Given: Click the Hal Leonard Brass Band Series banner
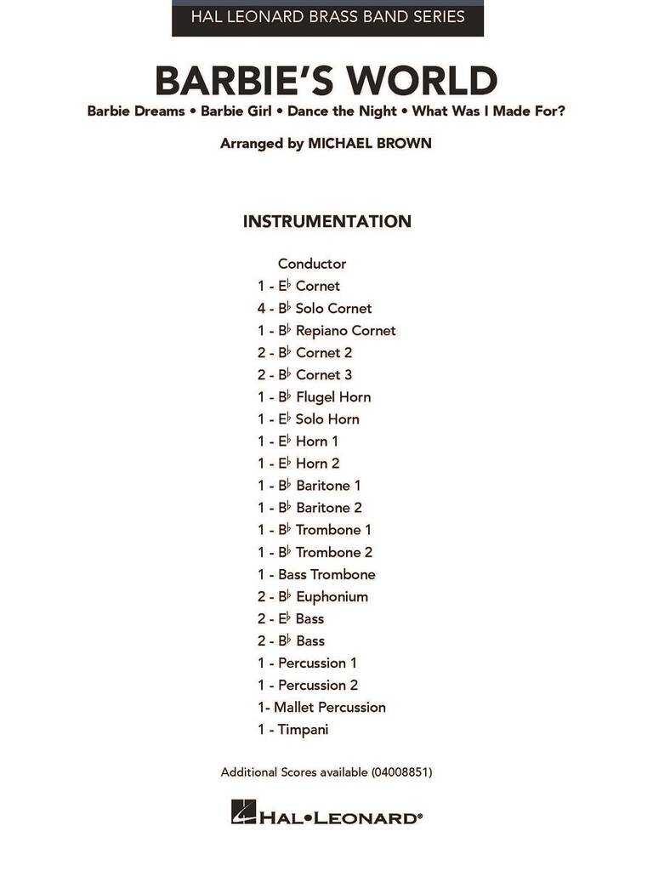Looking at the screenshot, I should [x=327, y=17].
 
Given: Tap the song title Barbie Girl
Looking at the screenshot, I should [x=240, y=111].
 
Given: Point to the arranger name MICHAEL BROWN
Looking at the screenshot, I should [x=370, y=144].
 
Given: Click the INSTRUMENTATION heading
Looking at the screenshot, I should [x=327, y=222].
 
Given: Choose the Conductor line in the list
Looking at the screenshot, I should [x=312, y=264].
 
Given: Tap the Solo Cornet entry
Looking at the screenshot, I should [x=333, y=308].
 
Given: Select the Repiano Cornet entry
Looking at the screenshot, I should [x=345, y=330].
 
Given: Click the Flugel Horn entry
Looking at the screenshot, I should [x=332, y=396].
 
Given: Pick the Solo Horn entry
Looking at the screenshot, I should [x=327, y=418].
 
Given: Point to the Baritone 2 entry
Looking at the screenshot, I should [x=329, y=507].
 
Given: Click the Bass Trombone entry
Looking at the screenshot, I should [x=326, y=574].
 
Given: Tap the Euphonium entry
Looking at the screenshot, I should [x=332, y=596].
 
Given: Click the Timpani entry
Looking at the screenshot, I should [x=303, y=729].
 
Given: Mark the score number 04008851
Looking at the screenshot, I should [x=401, y=772].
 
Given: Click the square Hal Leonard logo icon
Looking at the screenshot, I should [x=243, y=812].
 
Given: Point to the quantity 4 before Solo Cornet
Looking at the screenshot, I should [x=262, y=308].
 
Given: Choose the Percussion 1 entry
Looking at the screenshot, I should [x=317, y=663].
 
